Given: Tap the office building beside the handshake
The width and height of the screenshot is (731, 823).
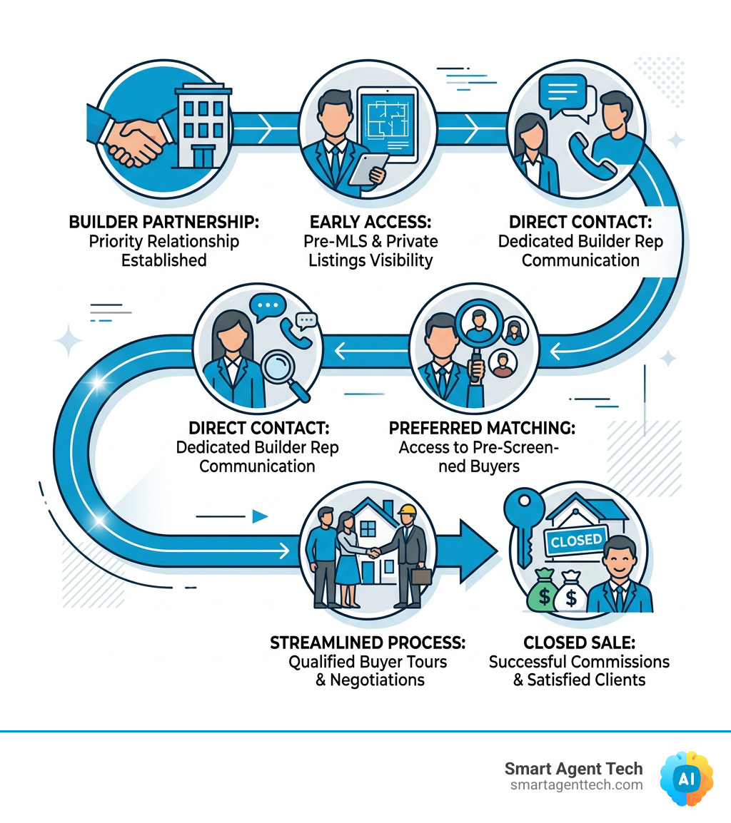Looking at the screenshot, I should [202, 126].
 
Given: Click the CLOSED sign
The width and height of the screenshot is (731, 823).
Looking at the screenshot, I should [576, 541].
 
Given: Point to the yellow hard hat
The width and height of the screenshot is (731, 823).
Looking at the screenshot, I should [407, 510].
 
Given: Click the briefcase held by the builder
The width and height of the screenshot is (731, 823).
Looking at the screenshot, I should [421, 576].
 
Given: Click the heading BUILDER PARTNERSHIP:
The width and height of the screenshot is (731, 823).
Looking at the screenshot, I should [163, 222].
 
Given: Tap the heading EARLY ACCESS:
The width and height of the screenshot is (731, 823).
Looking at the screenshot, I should [370, 222].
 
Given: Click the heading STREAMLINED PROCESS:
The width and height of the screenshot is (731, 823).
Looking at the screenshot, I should [368, 643].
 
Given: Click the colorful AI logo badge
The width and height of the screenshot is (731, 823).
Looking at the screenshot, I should [687, 778].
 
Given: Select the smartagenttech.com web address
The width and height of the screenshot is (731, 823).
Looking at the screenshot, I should [577, 785].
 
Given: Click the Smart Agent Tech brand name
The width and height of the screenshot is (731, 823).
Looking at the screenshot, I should [574, 768].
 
